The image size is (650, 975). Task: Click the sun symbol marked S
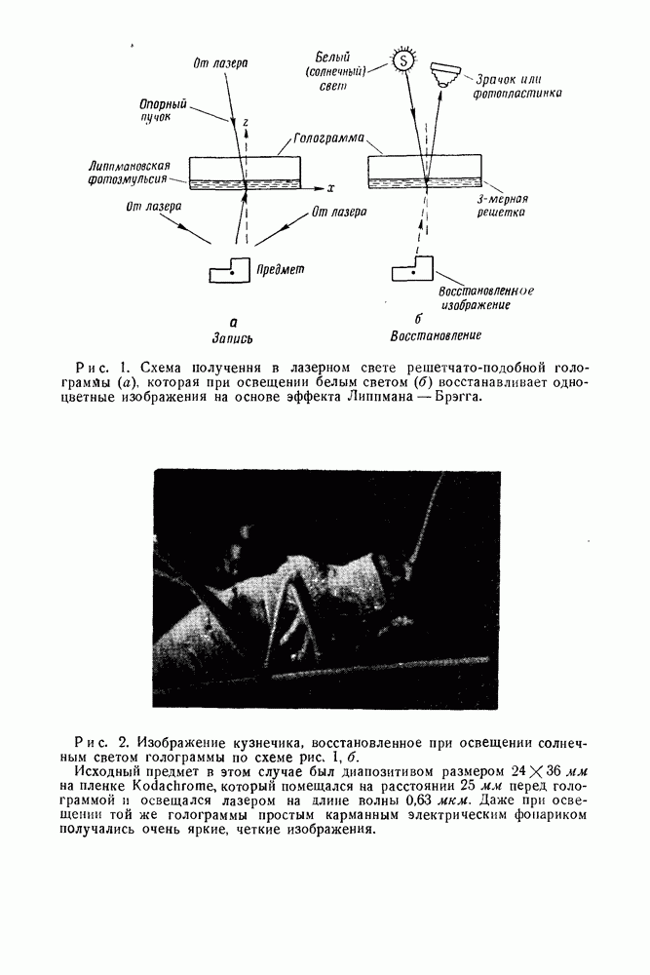pyautogui.click(x=403, y=60)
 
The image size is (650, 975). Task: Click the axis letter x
pyautogui.click(x=331, y=186)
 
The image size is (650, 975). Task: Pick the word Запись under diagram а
pyautogui.click(x=232, y=338)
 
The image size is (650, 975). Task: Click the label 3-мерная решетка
pyautogui.click(x=502, y=204)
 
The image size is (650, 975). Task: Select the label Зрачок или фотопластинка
pyautogui.click(x=517, y=87)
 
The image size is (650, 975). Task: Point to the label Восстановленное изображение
pyautogui.click(x=486, y=297)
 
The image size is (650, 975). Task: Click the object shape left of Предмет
pyautogui.click(x=233, y=269)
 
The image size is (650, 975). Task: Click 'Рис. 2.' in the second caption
pyautogui.click(x=103, y=740)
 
